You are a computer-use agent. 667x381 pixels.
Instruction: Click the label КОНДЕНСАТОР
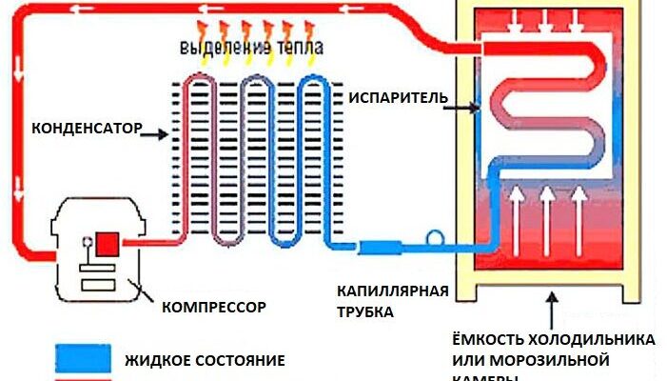[86, 128]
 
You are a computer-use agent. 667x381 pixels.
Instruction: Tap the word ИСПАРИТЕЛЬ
[394, 98]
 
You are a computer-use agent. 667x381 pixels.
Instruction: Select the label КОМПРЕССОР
[213, 307]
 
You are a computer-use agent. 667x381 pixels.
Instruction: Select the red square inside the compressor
[106, 243]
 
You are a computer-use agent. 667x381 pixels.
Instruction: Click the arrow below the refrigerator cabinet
[549, 307]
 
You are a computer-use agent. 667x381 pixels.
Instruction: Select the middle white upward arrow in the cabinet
[549, 214]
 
